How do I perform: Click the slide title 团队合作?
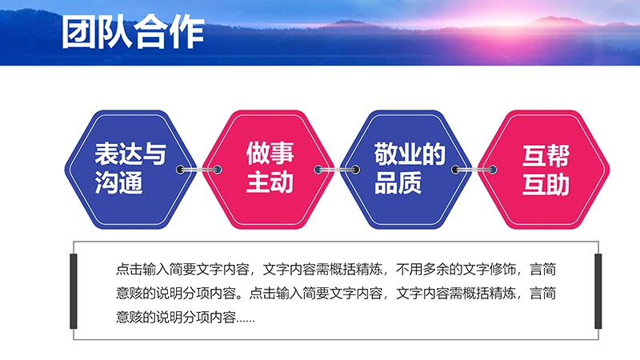[132, 34]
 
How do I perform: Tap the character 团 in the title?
[78, 34]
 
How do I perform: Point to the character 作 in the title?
[186, 34]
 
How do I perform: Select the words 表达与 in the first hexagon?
[130, 154]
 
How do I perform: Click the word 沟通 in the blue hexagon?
[118, 184]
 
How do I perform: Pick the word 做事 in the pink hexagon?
[269, 154]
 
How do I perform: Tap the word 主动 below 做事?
[269, 184]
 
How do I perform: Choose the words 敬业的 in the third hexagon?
[409, 154]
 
